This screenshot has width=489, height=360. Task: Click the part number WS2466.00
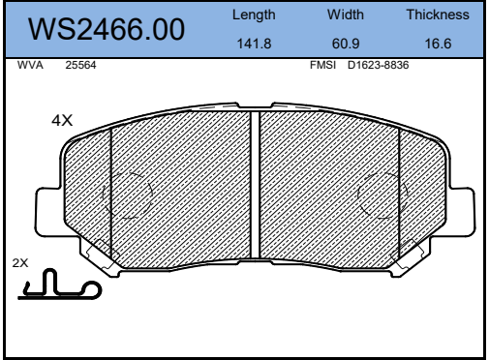tap(107, 30)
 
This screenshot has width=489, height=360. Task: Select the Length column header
tap(254, 15)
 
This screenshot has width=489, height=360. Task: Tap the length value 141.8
tap(254, 44)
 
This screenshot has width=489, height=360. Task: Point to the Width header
tap(346, 15)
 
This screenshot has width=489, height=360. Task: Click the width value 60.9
tap(346, 44)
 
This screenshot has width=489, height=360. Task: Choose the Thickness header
tap(438, 15)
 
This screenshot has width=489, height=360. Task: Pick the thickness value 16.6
tap(438, 44)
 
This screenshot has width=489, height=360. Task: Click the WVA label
tap(30, 65)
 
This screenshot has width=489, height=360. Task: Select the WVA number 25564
tap(80, 65)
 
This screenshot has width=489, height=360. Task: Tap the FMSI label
tap(322, 65)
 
